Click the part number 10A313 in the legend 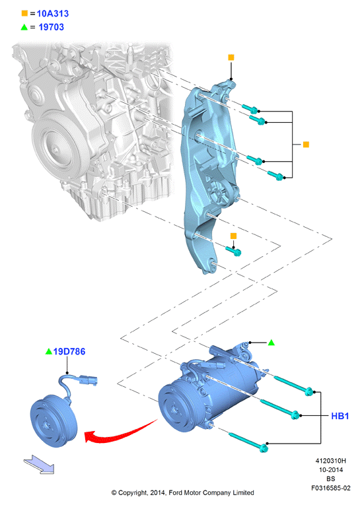pos(53,14)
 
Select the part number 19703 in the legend pos(51,27)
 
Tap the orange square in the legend pos(24,13)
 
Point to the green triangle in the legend pos(24,27)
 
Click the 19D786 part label pos(69,351)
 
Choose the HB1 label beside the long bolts pos(340,416)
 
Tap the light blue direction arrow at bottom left pos(39,464)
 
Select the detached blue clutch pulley pos(54,421)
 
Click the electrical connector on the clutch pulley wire pos(88,380)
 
